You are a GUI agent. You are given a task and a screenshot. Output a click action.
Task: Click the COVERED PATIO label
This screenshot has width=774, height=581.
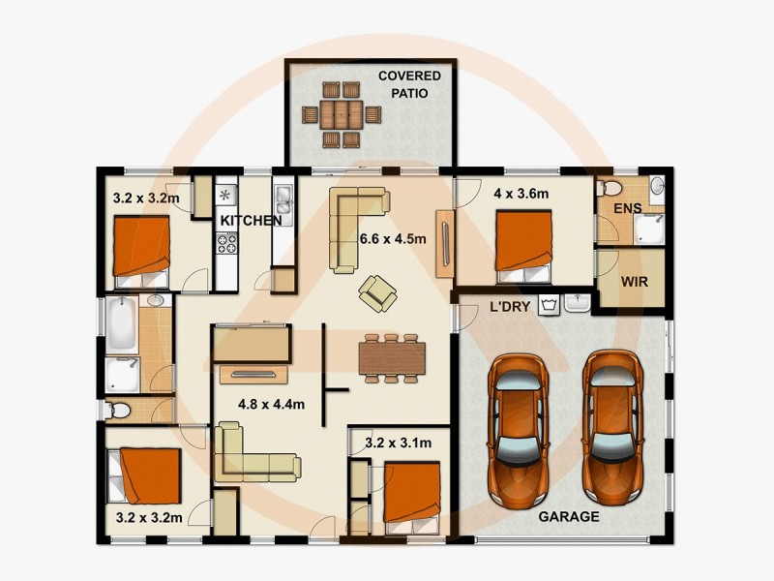coord(408,84)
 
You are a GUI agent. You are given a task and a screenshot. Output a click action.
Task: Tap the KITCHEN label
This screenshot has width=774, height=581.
coord(251,222)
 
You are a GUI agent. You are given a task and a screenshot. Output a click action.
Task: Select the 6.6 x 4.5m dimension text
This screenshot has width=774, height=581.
coord(393,239)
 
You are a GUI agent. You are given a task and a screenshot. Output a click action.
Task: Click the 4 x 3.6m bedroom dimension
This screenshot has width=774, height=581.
coord(521,194)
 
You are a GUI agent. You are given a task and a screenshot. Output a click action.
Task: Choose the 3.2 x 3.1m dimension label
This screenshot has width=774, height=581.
coord(398,443)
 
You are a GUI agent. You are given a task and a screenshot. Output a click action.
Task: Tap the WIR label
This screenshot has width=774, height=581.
coord(634,284)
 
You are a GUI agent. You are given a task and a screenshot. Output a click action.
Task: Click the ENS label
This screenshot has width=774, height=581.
coord(629,208)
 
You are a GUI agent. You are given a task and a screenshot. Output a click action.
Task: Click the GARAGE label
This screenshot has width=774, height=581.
coord(569,516)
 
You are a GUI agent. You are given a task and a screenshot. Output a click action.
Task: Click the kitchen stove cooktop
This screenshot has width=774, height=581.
coord(226,242)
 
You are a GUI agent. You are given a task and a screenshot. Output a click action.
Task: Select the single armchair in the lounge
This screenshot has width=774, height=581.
coord(375,290)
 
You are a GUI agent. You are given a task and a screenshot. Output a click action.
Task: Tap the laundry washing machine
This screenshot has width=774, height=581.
coord(549,306)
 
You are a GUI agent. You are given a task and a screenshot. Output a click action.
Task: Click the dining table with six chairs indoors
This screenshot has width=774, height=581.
coord(392,358)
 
